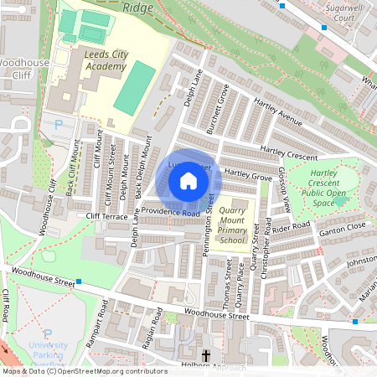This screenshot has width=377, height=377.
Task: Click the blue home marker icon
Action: click(x=188, y=180)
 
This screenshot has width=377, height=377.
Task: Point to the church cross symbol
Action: click(x=206, y=355)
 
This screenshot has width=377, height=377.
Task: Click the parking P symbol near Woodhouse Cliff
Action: click(x=58, y=125)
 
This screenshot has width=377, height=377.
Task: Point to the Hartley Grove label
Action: click(x=248, y=177)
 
